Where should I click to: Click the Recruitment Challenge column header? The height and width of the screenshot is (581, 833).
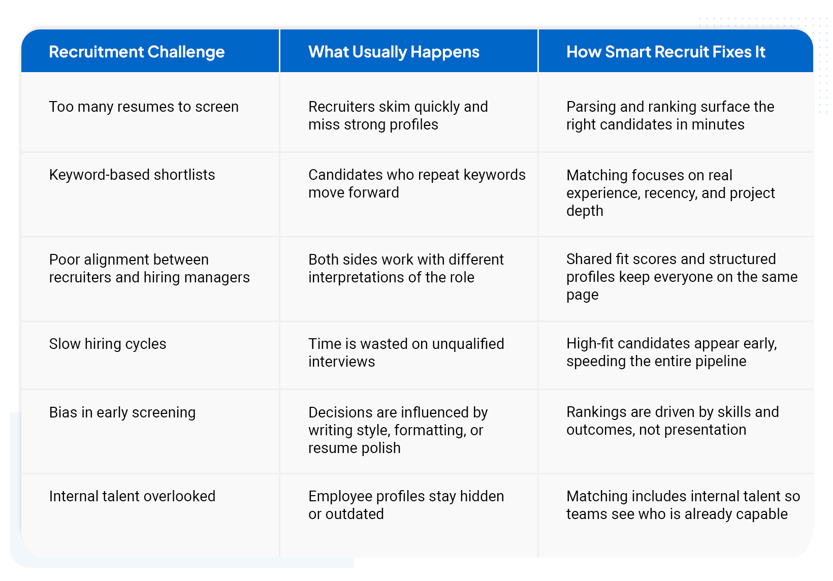tap(137, 52)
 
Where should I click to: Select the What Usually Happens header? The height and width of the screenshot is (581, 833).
tap(394, 52)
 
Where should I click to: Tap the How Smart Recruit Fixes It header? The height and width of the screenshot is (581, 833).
tap(666, 52)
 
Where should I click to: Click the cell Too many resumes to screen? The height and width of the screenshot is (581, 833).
tap(144, 107)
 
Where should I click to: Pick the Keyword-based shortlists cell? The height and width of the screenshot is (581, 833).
tap(132, 175)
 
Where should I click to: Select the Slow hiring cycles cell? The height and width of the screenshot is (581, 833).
tap(108, 344)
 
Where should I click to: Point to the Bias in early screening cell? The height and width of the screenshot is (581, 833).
tap(122, 412)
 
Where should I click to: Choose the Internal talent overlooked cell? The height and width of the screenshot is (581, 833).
tap(133, 496)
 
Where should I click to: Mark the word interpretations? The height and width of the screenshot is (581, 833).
tap(356, 278)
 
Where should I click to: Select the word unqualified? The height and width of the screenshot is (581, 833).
tap(468, 344)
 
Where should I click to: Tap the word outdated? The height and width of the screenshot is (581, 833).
tap(355, 514)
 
